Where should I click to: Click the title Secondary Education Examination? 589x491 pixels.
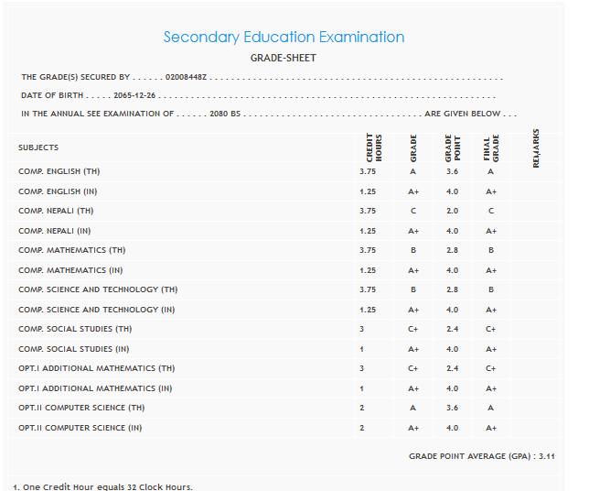tap(284, 38)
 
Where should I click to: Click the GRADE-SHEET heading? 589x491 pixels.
tap(284, 58)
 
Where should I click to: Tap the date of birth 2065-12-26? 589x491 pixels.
tap(134, 95)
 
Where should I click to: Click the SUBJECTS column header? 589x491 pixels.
tap(38, 147)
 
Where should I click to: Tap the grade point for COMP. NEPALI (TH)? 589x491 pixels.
tap(452, 211)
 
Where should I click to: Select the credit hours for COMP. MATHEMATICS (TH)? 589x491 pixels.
tap(368, 250)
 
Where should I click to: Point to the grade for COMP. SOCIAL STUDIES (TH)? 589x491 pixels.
tap(413, 329)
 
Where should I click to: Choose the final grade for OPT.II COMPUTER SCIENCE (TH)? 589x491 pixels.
tap(491, 408)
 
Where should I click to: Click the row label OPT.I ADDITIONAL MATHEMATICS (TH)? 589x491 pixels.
tap(96, 368)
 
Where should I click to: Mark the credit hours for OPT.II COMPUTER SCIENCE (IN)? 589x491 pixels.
tap(362, 428)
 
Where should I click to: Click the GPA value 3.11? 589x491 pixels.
tap(548, 455)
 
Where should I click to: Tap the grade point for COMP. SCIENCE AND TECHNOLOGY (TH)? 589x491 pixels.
tap(452, 289)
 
